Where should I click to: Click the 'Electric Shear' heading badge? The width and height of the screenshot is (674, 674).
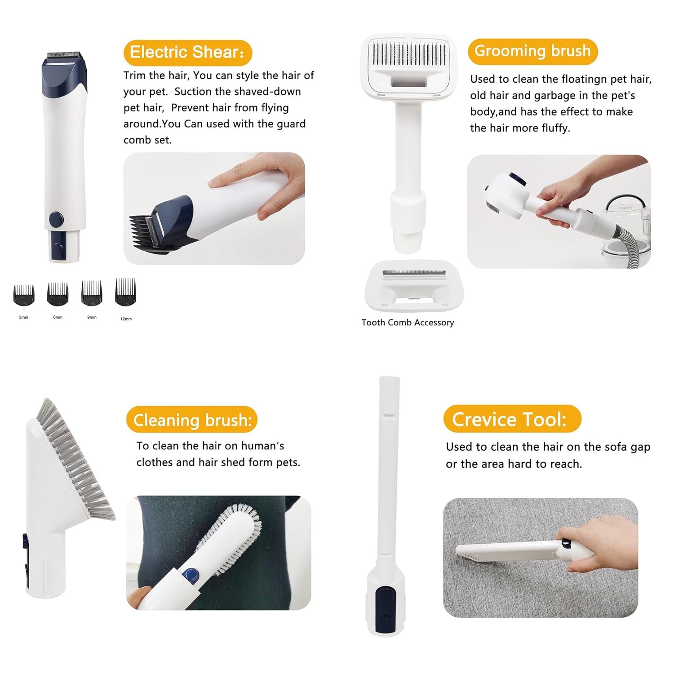[x=187, y=53]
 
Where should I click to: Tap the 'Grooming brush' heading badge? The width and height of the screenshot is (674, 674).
[x=532, y=51]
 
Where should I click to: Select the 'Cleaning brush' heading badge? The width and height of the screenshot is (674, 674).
[x=192, y=420]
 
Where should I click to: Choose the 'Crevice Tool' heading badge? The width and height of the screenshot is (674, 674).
[x=512, y=419]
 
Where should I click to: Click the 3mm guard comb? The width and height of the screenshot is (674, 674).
[x=24, y=295]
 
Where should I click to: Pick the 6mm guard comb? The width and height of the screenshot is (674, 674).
[x=58, y=294]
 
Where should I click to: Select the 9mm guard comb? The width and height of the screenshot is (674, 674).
[x=92, y=293]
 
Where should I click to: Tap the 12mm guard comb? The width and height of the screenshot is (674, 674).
[x=125, y=292]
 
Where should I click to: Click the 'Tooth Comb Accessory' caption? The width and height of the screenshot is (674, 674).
[x=408, y=323]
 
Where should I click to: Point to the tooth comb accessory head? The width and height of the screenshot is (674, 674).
[x=412, y=286]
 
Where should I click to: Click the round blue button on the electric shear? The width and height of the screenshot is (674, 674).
[x=56, y=220]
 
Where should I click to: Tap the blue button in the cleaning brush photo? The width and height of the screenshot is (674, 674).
[x=191, y=575]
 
